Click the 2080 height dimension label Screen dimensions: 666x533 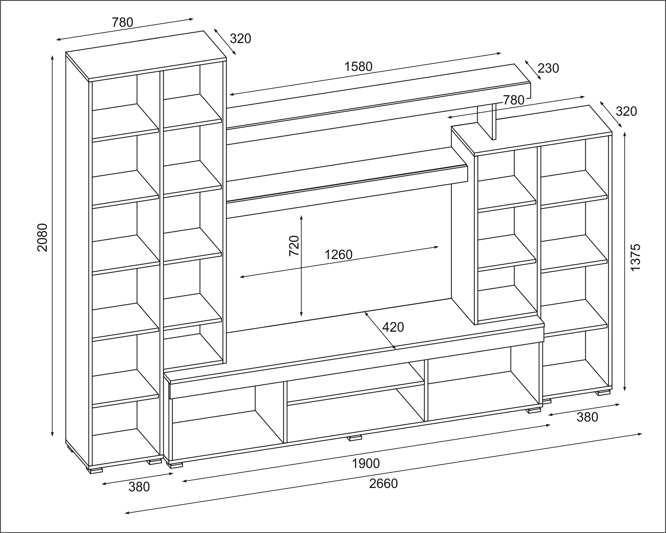point(42,237)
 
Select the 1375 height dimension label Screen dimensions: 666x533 point(635,258)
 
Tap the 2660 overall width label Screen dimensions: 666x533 point(383,483)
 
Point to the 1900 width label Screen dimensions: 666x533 point(366,463)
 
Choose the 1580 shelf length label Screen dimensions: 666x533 point(358,67)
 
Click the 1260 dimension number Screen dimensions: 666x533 point(338,255)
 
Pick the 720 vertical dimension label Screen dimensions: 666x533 point(294,246)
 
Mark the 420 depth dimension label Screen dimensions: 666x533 point(393,327)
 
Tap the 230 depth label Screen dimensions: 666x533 point(548,68)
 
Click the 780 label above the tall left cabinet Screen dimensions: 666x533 point(122,22)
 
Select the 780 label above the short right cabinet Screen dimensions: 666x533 point(514,100)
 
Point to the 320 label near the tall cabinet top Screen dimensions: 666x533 point(240,39)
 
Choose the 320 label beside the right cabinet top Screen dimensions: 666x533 point(626,111)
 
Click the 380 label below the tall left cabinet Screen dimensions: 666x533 point(139,487)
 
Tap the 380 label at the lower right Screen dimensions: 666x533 point(587,417)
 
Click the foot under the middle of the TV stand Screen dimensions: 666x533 point(355,438)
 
